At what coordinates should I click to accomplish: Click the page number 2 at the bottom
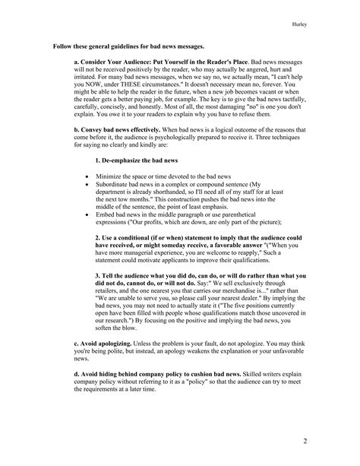pos(346,440)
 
